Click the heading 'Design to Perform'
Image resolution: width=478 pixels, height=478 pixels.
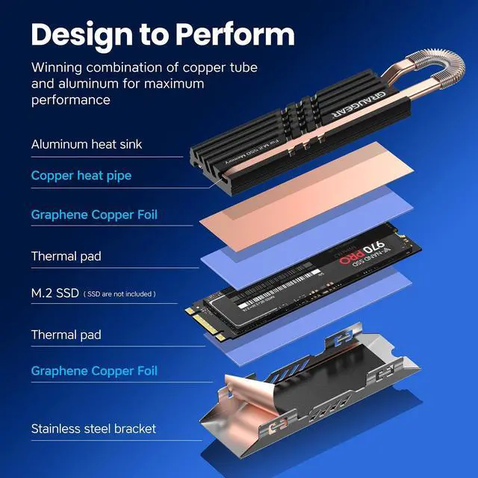(163, 34)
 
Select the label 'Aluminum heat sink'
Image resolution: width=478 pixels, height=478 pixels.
(87, 143)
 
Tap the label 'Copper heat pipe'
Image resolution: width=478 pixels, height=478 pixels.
(81, 176)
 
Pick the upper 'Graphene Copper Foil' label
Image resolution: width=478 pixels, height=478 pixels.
(94, 215)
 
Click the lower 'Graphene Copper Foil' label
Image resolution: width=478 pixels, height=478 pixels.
(94, 371)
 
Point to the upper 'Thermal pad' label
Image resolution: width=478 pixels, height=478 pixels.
(66, 256)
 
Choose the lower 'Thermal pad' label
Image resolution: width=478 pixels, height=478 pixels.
(66, 335)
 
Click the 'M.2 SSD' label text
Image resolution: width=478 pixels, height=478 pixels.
(55, 294)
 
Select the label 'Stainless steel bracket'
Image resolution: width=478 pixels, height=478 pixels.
(93, 429)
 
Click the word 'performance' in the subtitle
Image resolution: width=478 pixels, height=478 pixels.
(71, 99)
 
